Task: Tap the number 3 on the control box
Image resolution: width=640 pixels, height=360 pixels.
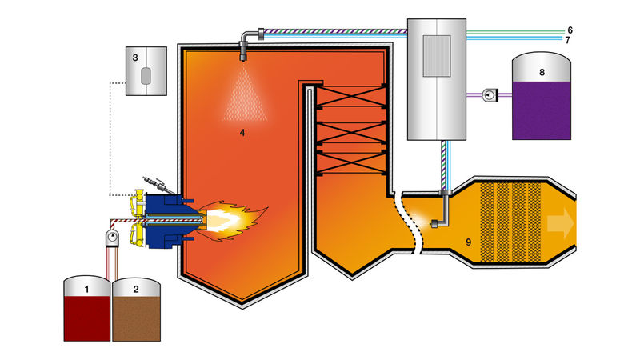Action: coord(136,57)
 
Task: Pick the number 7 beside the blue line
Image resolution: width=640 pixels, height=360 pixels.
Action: coord(568,39)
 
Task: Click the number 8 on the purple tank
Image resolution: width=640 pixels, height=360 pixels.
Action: coord(542,72)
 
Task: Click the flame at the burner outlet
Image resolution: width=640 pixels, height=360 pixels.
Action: coord(232,218)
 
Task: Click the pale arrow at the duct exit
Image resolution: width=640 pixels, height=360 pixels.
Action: coord(560,222)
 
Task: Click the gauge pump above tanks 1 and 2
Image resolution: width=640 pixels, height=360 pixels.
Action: coord(111,237)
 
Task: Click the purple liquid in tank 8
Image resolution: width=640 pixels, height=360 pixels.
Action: coord(542,108)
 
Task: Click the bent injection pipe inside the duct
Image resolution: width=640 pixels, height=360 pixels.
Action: coord(438,214)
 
